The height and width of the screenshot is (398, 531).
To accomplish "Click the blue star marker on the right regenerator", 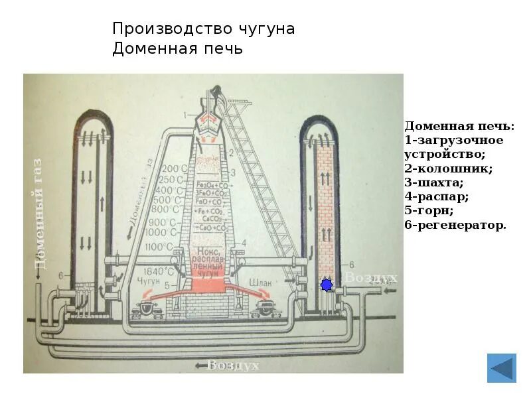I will pyautogui.click(x=326, y=285).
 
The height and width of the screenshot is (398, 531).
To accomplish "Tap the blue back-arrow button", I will pyautogui.click(x=501, y=368).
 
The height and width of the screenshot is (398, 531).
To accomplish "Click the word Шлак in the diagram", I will pyautogui.click(x=259, y=283).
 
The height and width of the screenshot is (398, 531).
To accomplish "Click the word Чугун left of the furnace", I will pyautogui.click(x=151, y=283).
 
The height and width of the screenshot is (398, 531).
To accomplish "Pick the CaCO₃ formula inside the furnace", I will pyautogui.click(x=212, y=218).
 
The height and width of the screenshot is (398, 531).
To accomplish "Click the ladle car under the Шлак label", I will pyautogui.click(x=265, y=306).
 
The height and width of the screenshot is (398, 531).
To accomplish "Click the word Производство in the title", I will pyautogui.click(x=169, y=29).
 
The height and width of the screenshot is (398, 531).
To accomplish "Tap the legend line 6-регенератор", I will pyautogui.click(x=455, y=226).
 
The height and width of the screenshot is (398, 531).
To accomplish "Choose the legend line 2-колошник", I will pyautogui.click(x=448, y=168).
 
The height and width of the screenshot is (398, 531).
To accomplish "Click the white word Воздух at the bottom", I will pyautogui.click(x=234, y=365).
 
